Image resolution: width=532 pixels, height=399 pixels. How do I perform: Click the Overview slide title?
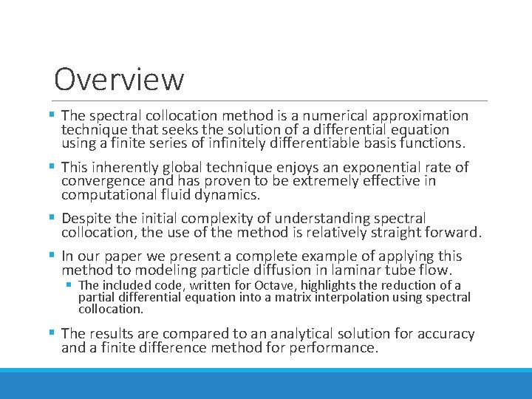(119, 79)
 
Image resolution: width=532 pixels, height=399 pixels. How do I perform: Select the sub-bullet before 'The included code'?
(68, 285)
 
